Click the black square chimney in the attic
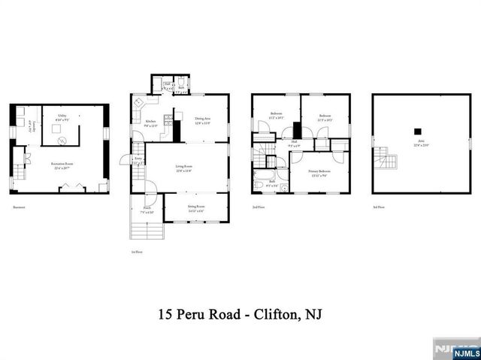418,132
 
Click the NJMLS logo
457,349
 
